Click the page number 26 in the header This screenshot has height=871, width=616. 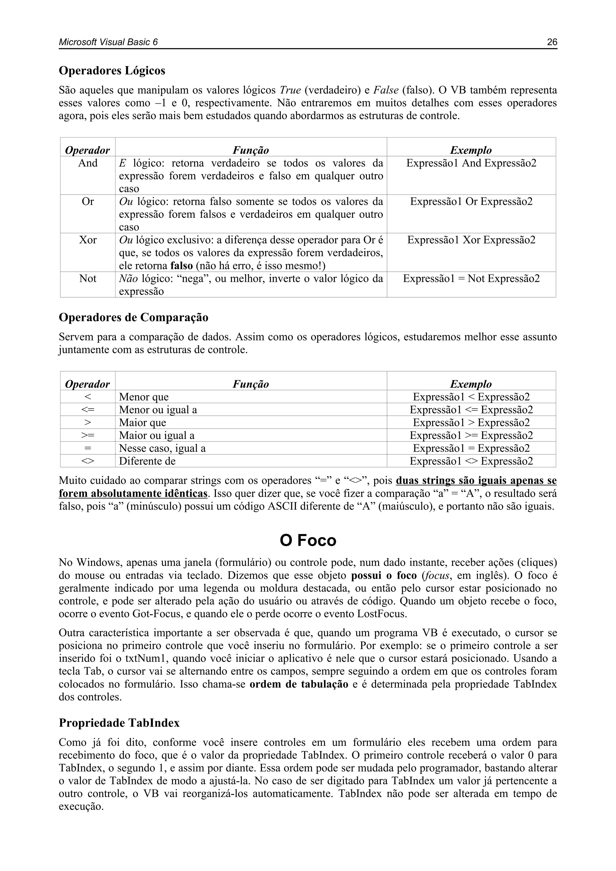tap(552, 42)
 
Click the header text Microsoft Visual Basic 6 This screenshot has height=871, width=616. tap(108, 42)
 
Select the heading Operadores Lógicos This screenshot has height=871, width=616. tap(112, 71)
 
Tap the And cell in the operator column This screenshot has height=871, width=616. tap(88, 163)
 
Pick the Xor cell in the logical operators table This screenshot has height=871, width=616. tap(88, 240)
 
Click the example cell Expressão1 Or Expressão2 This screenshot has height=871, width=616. tap(471, 202)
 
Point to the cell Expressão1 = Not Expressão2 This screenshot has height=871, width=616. tap(471, 279)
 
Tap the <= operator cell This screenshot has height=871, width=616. tap(88, 410)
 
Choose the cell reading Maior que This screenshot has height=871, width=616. tap(143, 423)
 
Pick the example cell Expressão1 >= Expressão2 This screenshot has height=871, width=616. tap(471, 436)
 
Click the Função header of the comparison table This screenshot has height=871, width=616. tap(251, 384)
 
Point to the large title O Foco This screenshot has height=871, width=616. tap(308, 541)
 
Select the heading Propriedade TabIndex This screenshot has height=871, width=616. tap(119, 723)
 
